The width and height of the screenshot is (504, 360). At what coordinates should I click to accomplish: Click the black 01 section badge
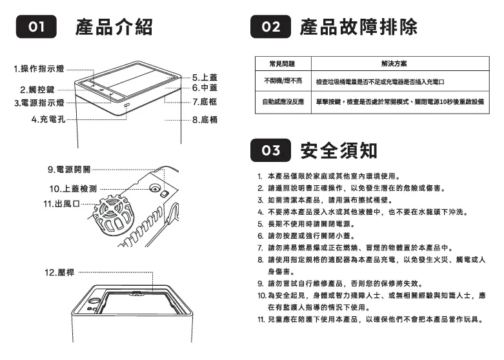coord(37,28)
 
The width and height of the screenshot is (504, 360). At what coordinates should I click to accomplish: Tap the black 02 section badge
coord(272,28)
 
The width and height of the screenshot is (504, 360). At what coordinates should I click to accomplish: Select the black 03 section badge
coord(272,151)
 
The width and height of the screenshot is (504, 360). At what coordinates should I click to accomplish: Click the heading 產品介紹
coord(114,28)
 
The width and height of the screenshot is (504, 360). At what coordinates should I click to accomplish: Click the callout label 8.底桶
coord(204,120)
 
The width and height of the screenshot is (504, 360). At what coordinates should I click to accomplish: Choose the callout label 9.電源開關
coord(69,169)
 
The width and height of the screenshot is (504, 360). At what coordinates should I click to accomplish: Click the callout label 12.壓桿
coord(59,273)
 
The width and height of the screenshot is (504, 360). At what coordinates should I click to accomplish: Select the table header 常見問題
coord(283,64)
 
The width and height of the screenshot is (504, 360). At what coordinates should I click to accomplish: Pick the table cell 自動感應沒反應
coord(283,102)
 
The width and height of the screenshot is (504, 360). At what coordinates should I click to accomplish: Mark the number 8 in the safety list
coord(259,259)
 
